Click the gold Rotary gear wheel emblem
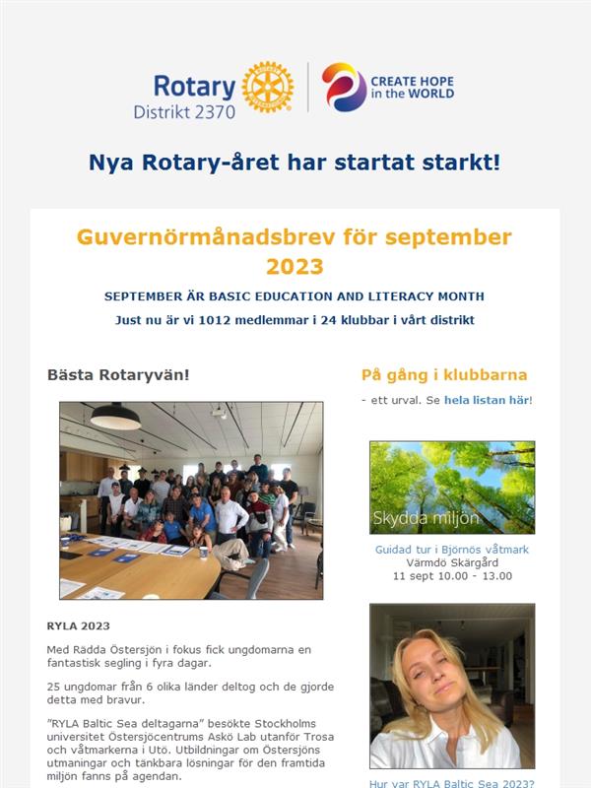coord(267,88)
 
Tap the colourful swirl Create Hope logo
coord(344,88)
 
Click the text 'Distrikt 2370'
coord(184,111)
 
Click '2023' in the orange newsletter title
coord(295,266)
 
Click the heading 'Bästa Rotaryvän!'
coord(118,375)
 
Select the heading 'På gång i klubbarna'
coord(444,375)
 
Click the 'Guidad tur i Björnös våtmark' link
coord(452,550)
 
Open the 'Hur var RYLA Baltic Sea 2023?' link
coord(452,784)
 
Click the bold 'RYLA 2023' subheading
coord(79,625)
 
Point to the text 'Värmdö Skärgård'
coord(452,562)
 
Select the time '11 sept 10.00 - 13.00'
coord(452,575)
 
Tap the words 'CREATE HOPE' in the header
coord(412,81)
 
